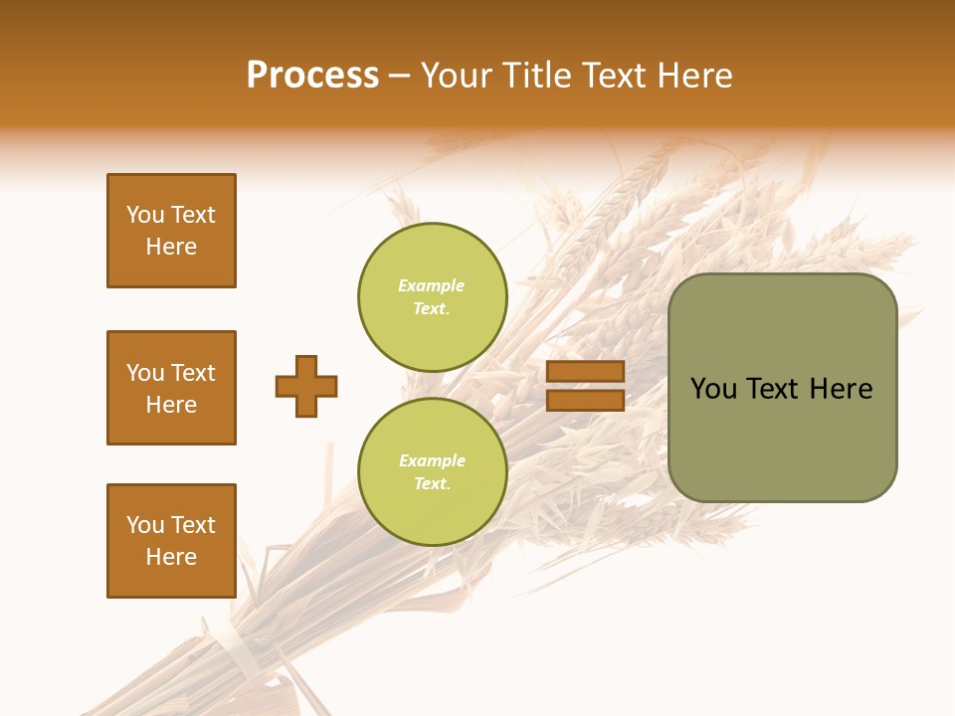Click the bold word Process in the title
[312, 76]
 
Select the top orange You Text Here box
[171, 231]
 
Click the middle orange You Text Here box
[171, 388]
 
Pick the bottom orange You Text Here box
[171, 541]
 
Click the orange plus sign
[306, 386]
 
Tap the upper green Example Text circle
[432, 297]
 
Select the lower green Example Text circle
[432, 472]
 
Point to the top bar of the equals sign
[585, 372]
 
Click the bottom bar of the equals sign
[585, 401]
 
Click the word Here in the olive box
[841, 389]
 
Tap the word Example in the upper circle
[432, 286]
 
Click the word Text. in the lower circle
[432, 484]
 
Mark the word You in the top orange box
[145, 215]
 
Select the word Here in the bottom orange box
[171, 557]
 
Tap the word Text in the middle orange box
[193, 373]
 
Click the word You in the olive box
[713, 389]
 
